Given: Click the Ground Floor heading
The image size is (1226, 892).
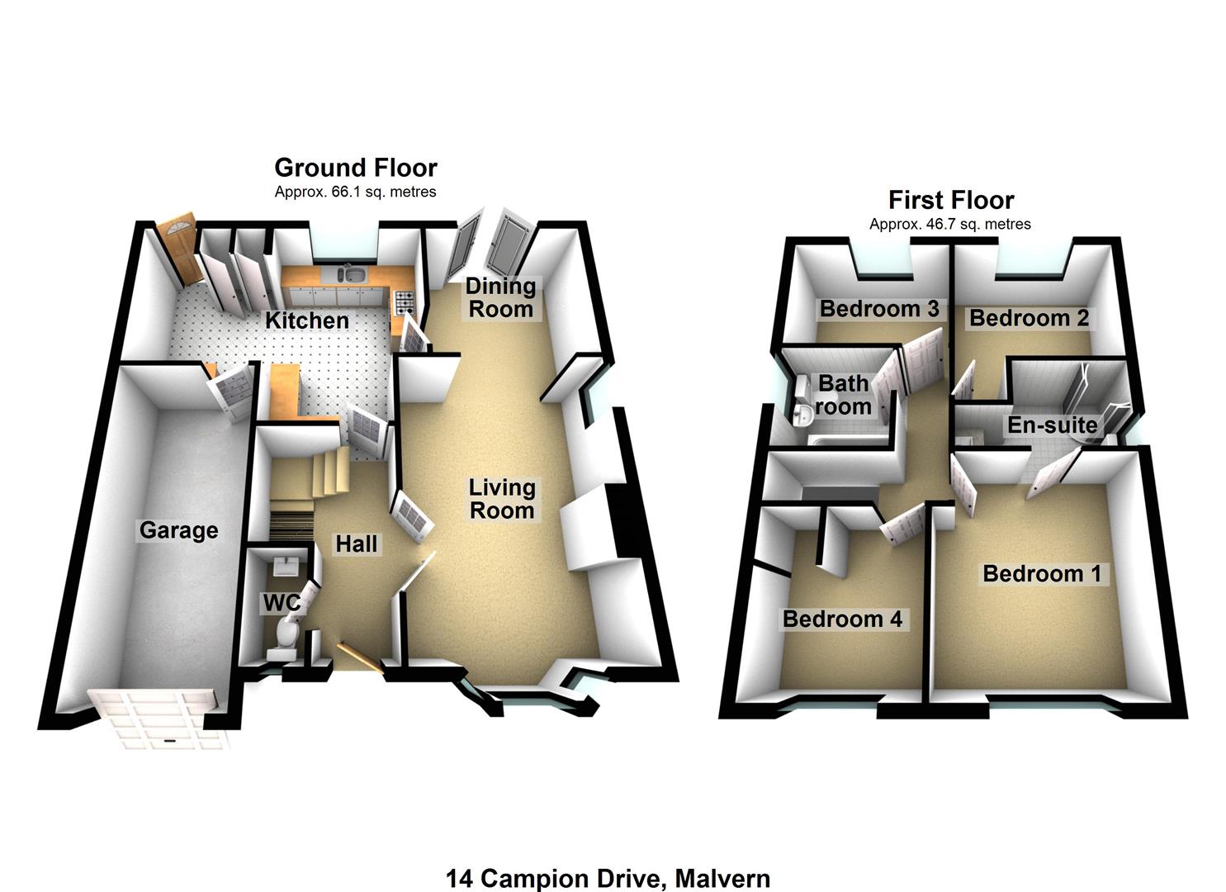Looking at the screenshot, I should pyautogui.click(x=355, y=168).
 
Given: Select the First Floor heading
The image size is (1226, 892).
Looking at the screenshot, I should pyautogui.click(x=950, y=200).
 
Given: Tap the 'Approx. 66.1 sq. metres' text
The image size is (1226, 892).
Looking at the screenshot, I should pyautogui.click(x=355, y=192).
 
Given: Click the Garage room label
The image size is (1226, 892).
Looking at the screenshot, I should pyautogui.click(x=178, y=530).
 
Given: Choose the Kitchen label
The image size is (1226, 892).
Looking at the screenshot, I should pyautogui.click(x=306, y=320).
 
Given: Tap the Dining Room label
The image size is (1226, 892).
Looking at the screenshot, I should pyautogui.click(x=500, y=298).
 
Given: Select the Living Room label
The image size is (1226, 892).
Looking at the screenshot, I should pyautogui.click(x=502, y=499).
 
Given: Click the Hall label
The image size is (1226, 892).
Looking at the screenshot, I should pyautogui.click(x=357, y=543).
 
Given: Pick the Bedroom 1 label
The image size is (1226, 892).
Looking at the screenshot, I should pyautogui.click(x=1042, y=573).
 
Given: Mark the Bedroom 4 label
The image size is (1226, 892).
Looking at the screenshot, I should pyautogui.click(x=842, y=619).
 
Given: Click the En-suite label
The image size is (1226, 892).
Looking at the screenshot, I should pyautogui.click(x=1052, y=425).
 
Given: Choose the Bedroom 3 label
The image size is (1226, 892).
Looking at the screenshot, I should pyautogui.click(x=879, y=309).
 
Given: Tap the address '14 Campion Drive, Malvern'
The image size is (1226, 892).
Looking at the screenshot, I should pyautogui.click(x=608, y=878).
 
